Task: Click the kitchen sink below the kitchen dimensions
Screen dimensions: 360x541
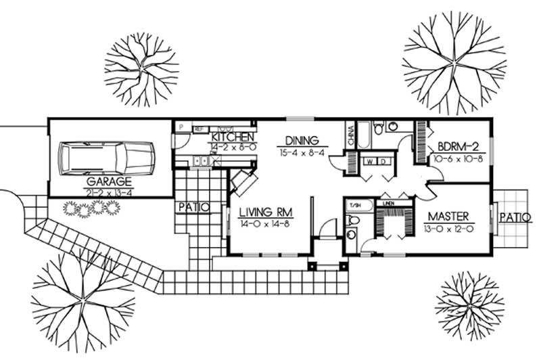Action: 202,161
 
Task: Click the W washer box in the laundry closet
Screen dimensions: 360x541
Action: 371,162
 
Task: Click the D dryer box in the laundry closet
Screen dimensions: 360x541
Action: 383,162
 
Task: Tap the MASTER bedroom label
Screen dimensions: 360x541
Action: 448,217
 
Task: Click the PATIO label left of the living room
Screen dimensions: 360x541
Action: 194,206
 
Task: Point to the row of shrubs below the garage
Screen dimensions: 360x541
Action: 89,209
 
